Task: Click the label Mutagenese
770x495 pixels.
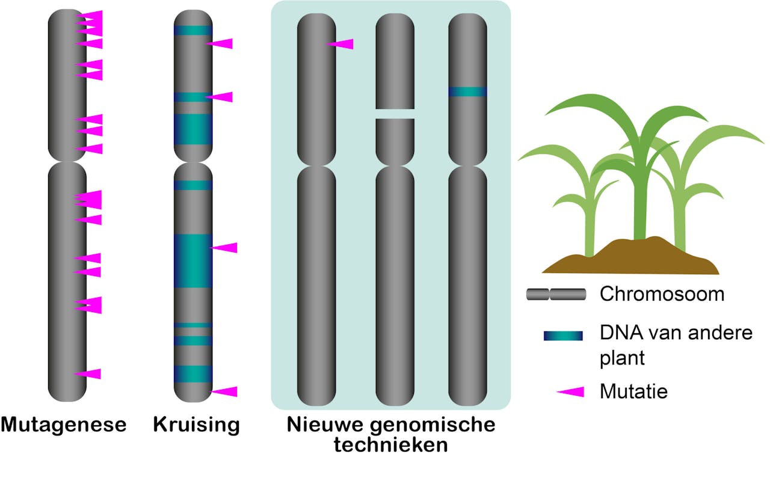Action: click(64, 425)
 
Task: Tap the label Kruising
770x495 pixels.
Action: click(197, 425)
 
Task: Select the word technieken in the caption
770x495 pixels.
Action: click(391, 446)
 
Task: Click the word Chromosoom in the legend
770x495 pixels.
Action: click(662, 295)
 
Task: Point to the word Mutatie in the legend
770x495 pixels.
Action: click(633, 392)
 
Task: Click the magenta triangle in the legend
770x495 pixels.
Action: click(571, 392)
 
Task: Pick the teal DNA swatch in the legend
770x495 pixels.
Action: click(562, 336)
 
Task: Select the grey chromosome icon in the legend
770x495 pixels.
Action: click(556, 294)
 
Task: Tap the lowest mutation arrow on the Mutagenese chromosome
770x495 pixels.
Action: click(89, 374)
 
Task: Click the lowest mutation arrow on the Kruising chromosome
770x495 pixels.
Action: click(224, 392)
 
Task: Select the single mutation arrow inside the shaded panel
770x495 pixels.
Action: click(341, 44)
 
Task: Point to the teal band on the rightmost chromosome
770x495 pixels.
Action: click(467, 91)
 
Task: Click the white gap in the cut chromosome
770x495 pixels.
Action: click(395, 114)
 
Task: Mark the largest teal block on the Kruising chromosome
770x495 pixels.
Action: click(193, 260)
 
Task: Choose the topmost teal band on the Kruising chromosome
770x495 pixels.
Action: click(193, 30)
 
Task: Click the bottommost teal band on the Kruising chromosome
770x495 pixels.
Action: click(193, 374)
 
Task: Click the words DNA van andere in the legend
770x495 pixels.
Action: click(676, 332)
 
